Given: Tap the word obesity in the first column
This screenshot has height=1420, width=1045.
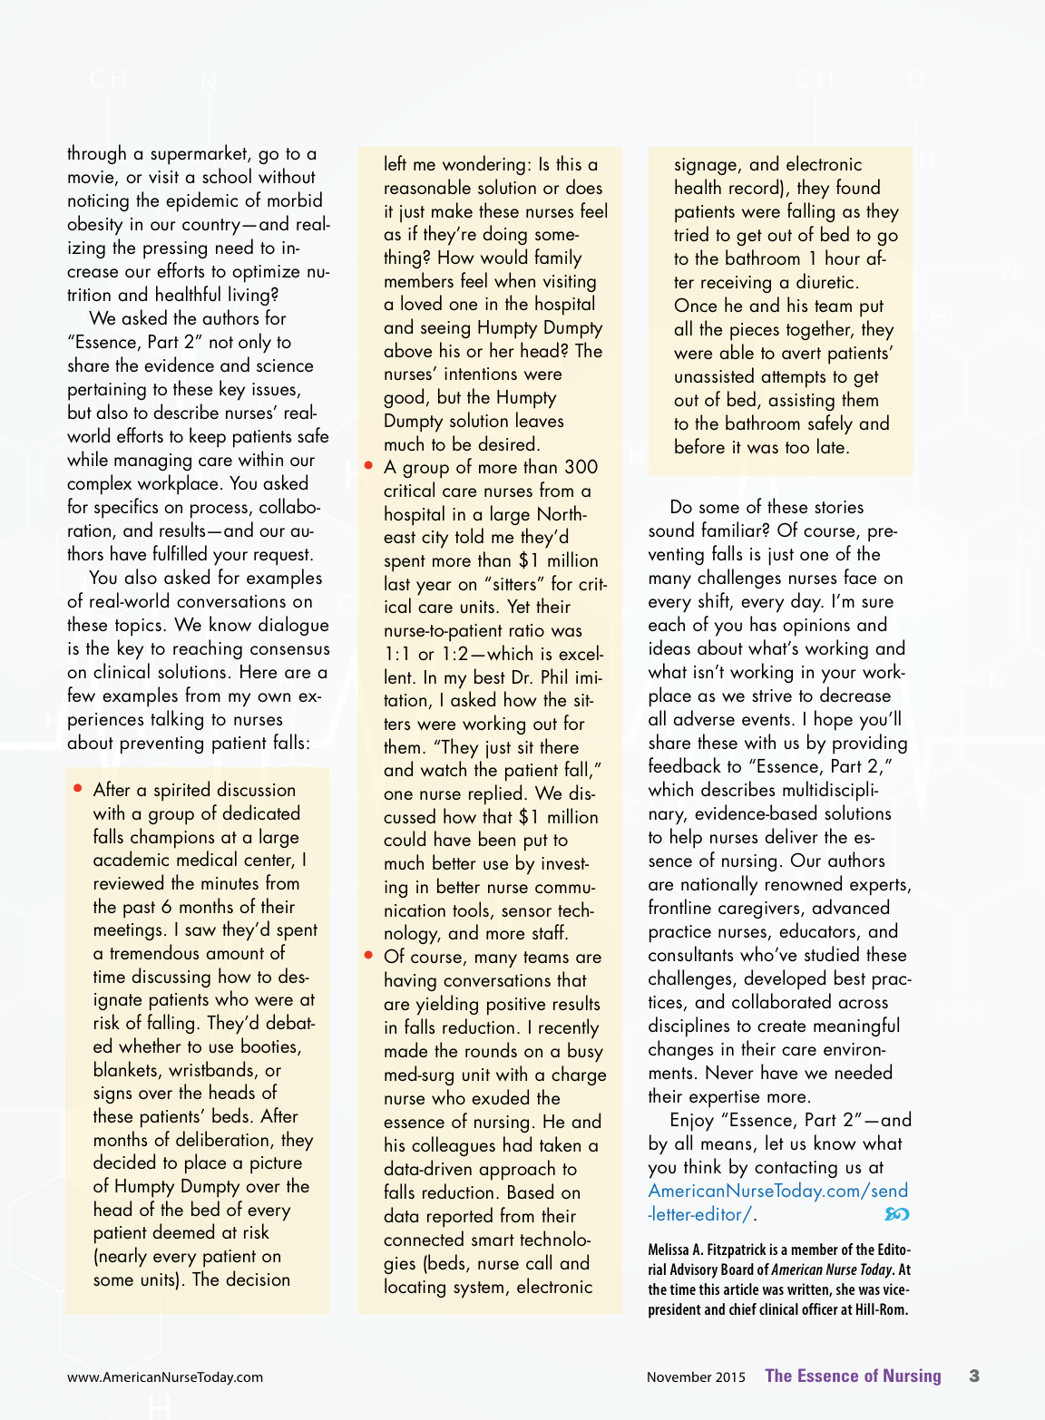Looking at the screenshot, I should pos(94,224).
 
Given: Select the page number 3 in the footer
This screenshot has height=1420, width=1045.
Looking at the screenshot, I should pos(974,1376).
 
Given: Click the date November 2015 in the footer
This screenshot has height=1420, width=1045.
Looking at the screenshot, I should pos(696,1376).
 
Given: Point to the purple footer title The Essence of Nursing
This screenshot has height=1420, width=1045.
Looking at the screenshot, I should pos(853,1376).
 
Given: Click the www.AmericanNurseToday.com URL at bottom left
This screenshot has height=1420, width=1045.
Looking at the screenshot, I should pos(165,1376).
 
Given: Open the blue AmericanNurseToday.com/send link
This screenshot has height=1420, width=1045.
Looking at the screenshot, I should pos(777,1191).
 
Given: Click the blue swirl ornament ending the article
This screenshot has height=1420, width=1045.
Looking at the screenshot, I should pos(896,1214).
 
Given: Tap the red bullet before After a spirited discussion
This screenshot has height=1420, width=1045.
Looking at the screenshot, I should pos(79,788).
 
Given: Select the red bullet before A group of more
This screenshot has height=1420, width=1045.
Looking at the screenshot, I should pos(369,465).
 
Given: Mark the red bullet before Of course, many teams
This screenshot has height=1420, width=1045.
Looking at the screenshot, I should pos(369,955).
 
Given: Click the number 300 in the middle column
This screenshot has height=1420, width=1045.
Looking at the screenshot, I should pos(581,467).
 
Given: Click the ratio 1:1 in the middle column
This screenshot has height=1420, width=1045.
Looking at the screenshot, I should pos(397,654).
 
